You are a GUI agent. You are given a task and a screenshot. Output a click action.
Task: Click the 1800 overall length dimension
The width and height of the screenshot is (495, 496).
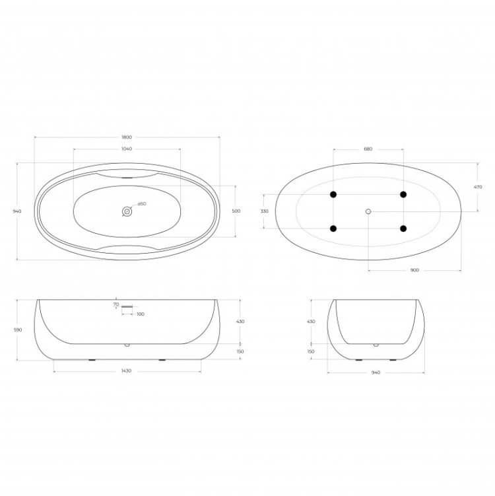pyautogui.click(x=127, y=137)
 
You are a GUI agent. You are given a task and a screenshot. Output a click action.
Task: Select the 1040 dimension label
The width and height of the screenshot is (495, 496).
pyautogui.click(x=127, y=149)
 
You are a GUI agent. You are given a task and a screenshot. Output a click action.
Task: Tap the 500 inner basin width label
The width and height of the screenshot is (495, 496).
pyautogui.click(x=236, y=211)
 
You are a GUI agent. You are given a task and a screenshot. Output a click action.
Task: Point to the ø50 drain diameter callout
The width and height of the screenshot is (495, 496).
pyautogui.click(x=142, y=204)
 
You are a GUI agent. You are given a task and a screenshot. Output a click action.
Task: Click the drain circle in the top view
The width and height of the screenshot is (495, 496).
pyautogui.click(x=127, y=211)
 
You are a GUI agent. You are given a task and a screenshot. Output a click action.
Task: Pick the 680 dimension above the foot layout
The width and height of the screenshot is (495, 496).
pyautogui.click(x=368, y=149)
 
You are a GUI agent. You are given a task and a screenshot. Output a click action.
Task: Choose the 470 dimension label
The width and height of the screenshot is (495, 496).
pyautogui.click(x=478, y=187)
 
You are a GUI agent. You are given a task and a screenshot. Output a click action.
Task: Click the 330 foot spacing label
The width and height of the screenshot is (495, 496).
pyautogui.click(x=265, y=211)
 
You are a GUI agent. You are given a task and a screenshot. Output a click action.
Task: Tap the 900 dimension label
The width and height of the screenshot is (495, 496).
pyautogui.click(x=414, y=270)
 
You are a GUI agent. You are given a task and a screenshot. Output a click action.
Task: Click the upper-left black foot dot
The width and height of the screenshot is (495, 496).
pyautogui.click(x=333, y=195)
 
